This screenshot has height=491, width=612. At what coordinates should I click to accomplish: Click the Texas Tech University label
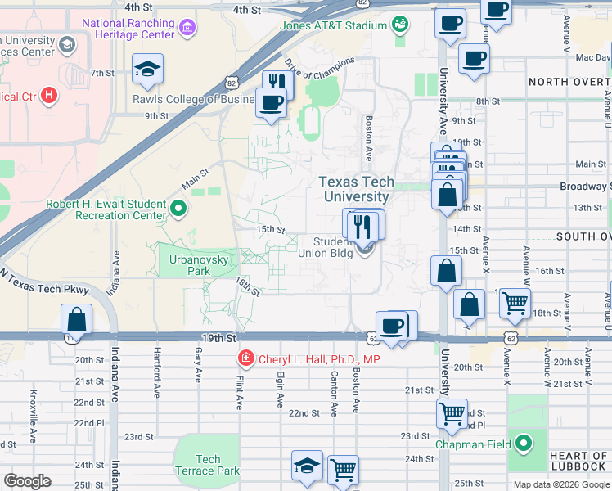point(356,189)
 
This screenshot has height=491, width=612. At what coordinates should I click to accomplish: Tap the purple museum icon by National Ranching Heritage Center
point(188,29)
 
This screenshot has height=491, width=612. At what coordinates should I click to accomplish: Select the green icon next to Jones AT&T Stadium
point(400,25)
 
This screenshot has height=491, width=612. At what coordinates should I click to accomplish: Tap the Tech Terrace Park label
point(207,465)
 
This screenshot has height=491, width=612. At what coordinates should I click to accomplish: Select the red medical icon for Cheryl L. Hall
point(245,358)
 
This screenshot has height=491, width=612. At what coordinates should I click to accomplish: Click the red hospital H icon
point(50,96)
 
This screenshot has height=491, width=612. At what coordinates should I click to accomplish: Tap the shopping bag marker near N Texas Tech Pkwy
point(76,319)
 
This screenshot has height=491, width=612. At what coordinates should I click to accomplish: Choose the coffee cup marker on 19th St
point(392,325)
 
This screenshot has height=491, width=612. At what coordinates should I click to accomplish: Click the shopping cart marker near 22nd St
point(452,414)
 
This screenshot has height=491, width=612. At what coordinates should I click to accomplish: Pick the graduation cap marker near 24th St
point(308,466)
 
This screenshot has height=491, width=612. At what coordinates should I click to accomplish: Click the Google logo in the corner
point(28,481)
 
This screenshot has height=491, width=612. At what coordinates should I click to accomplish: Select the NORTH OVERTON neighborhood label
point(569,82)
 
